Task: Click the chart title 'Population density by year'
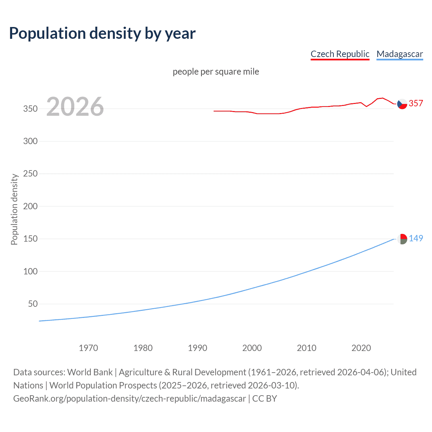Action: (x=102, y=33)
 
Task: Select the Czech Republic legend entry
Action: (x=340, y=54)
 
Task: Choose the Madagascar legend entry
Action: (x=400, y=54)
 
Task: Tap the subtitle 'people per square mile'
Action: (x=216, y=72)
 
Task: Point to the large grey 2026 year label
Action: (x=75, y=107)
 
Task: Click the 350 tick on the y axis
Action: (x=30, y=109)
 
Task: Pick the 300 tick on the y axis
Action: (x=30, y=141)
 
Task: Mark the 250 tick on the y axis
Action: (x=30, y=174)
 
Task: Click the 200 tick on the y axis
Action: (x=30, y=206)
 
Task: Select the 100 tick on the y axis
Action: (x=30, y=271)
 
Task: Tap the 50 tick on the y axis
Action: (x=33, y=304)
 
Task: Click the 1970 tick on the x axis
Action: (x=88, y=348)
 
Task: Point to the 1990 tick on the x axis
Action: (x=197, y=348)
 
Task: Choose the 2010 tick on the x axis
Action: (x=306, y=348)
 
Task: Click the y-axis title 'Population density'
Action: (x=14, y=209)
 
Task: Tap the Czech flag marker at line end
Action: (x=402, y=104)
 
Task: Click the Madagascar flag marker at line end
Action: (x=402, y=239)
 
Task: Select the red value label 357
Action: (x=416, y=103)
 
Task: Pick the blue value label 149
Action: (x=416, y=238)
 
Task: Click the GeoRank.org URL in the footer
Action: (x=130, y=399)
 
